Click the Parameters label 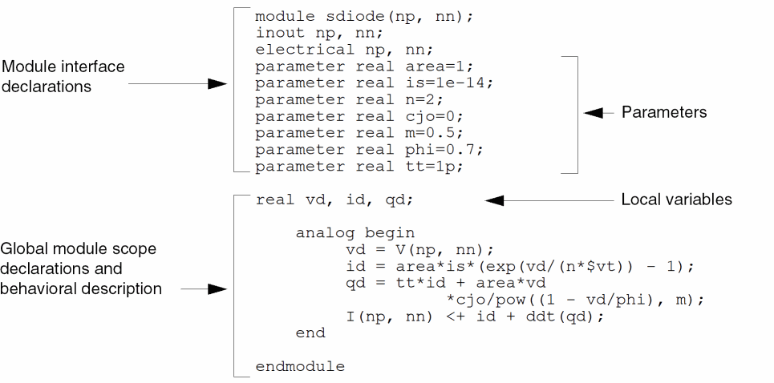(663, 113)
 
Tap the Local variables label (676, 200)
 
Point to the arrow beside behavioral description (205, 288)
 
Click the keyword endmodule (300, 367)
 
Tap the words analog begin (355, 233)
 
